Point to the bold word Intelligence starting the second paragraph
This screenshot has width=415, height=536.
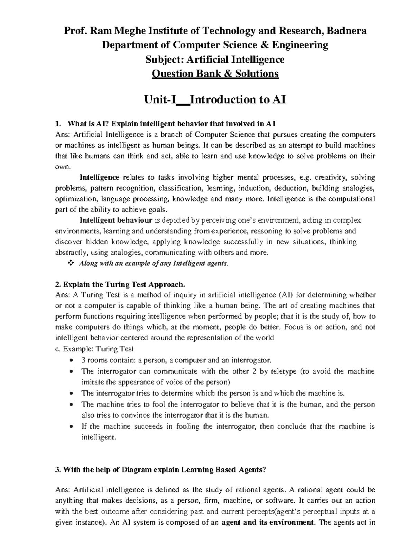pyautogui.click(x=100, y=178)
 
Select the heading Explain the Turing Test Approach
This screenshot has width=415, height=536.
pyautogui.click(x=120, y=285)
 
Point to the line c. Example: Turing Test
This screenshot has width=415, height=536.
pyautogui.click(x=94, y=349)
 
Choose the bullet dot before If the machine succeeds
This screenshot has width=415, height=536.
pyautogui.click(x=71, y=427)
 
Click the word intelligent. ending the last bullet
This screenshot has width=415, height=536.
pyautogui.click(x=97, y=437)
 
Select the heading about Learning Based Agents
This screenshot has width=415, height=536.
pyautogui.click(x=161, y=470)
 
